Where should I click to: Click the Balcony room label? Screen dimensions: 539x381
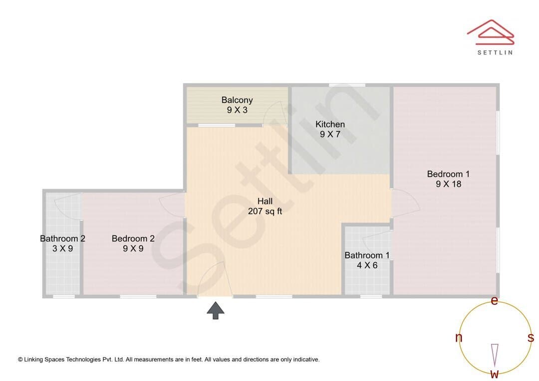[237, 100]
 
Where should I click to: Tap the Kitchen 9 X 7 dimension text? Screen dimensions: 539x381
[330, 134]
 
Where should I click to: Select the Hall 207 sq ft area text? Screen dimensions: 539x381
[265, 211]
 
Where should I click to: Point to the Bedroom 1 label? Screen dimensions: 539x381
[448, 174]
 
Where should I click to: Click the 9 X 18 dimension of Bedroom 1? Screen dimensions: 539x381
[448, 184]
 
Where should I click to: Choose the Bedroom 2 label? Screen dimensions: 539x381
[133, 238]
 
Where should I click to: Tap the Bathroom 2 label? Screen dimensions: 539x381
[62, 238]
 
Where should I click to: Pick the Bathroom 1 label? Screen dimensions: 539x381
[367, 255]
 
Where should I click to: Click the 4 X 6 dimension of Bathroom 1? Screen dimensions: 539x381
[367, 265]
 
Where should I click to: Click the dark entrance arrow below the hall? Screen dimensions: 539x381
[216, 311]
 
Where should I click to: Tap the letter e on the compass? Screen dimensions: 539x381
[494, 301]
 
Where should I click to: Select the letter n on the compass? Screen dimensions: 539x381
[459, 338]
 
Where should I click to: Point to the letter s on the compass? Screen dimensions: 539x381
[531, 338]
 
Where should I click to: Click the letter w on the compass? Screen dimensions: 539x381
[495, 374]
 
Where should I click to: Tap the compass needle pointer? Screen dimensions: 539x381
[495, 356]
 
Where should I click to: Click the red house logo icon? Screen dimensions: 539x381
[491, 32]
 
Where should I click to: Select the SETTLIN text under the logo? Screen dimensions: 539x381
[495, 52]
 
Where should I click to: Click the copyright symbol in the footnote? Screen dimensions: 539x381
[20, 360]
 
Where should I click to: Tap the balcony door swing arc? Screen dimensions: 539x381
[275, 113]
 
